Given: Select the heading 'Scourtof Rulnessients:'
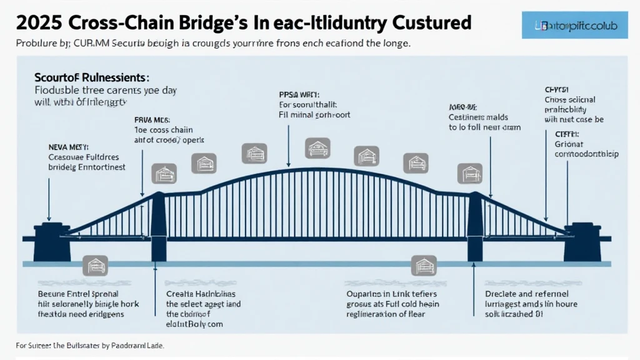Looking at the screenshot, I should tap(91, 79).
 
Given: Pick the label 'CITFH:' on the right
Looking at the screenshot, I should tap(567, 134).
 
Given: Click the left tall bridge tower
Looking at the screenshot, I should tap(159, 225).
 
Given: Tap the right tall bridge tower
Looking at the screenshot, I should tap(476, 225).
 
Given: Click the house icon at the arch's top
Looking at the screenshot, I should tap(314, 148).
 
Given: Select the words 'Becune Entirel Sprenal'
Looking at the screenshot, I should tap(79, 294).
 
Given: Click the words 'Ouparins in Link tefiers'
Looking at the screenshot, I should tap(391, 294).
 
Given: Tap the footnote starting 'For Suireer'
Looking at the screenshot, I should tap(94, 345).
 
